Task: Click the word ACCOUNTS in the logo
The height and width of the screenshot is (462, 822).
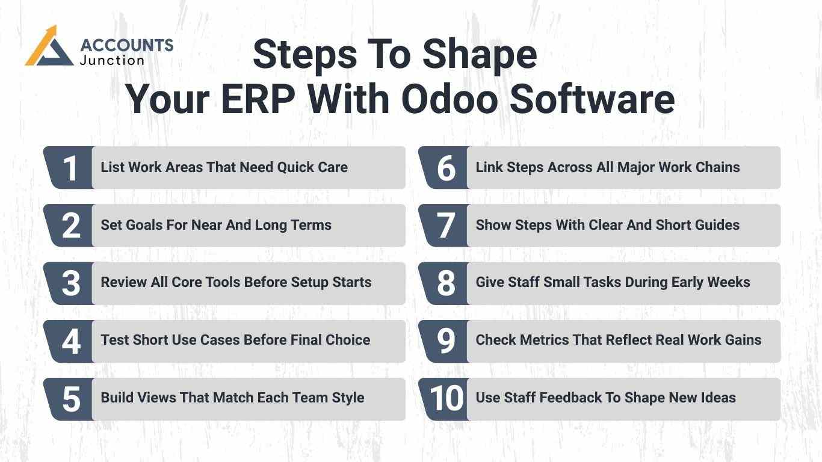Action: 126,45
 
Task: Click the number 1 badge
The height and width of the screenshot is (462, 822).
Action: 70,168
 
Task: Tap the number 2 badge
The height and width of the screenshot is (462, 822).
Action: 70,226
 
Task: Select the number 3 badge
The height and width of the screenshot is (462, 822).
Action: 70,283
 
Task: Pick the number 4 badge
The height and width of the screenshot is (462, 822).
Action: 70,341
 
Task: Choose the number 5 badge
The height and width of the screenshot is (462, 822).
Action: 70,399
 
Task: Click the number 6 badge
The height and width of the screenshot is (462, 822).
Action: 445,168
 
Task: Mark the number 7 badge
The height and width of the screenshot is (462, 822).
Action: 445,226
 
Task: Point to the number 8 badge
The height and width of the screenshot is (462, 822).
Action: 445,283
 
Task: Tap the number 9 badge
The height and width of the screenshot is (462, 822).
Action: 445,341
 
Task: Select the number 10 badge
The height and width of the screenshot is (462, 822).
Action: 447,399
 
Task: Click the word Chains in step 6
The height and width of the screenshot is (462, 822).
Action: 719,167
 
